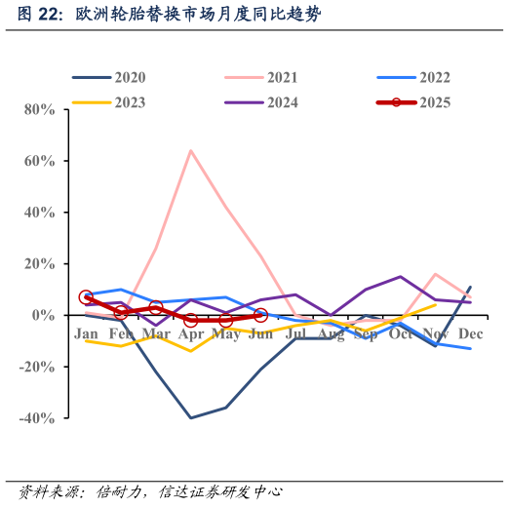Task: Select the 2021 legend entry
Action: point(282,78)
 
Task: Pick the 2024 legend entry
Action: point(282,102)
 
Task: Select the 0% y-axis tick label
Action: point(45,315)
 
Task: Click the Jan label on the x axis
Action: point(87,334)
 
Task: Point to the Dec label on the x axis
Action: point(470,334)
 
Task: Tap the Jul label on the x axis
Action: point(295,334)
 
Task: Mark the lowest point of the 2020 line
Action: point(190,418)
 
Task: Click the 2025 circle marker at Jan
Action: point(86,297)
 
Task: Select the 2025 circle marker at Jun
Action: point(260,316)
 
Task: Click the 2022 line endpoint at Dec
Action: point(470,349)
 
